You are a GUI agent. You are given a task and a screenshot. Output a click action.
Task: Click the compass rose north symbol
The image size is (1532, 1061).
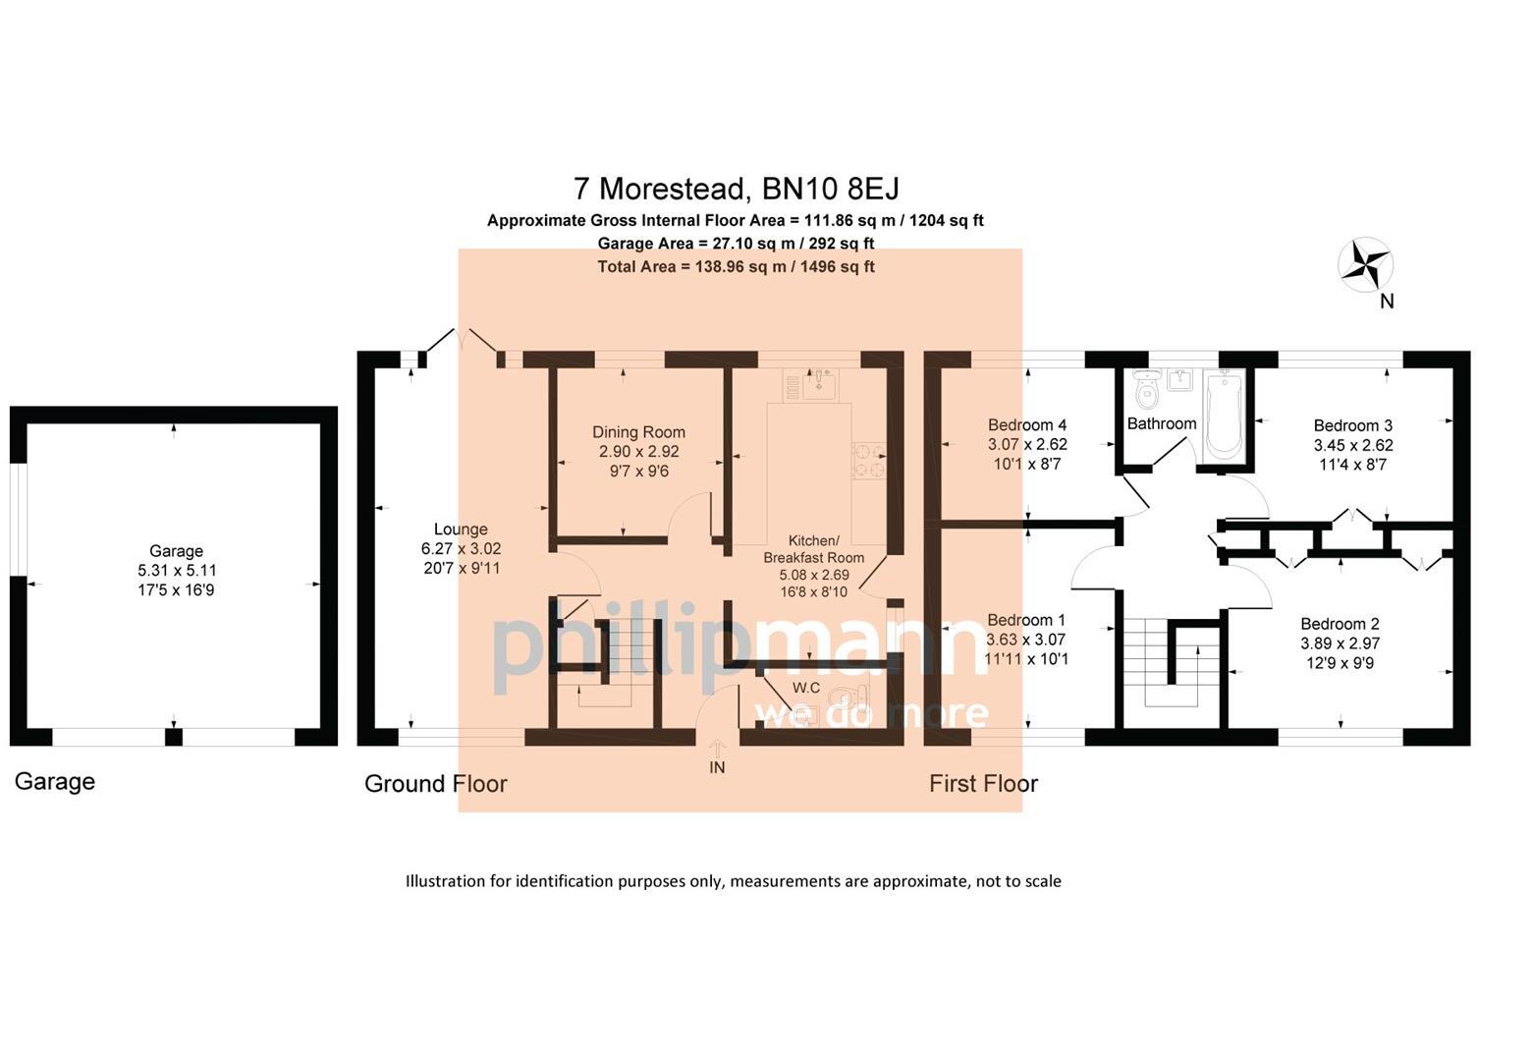(1365, 265)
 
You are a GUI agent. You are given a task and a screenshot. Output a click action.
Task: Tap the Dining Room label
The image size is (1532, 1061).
(638, 432)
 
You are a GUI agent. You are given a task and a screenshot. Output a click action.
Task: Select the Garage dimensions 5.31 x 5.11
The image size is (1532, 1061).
(177, 571)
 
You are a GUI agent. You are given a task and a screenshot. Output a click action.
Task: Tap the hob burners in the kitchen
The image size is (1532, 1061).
(868, 462)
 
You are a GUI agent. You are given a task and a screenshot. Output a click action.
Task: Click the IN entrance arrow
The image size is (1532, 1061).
(717, 752)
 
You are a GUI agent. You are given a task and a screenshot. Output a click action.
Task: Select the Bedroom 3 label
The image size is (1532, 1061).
(1352, 425)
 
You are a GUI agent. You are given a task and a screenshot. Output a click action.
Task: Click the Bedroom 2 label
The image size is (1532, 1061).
(1340, 624)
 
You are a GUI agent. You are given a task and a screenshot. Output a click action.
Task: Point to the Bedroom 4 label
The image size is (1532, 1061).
(1026, 425)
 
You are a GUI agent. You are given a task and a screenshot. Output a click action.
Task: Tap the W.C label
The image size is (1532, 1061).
(805, 688)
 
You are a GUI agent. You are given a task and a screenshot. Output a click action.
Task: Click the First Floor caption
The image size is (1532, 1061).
(983, 783)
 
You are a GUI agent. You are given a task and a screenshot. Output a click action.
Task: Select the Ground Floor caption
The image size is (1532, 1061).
(435, 783)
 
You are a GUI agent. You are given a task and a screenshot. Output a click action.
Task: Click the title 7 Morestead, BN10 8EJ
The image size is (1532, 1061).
(736, 188)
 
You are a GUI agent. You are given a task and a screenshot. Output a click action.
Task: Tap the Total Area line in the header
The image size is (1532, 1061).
(736, 266)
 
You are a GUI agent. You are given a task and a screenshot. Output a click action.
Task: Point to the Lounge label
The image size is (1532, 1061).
(461, 530)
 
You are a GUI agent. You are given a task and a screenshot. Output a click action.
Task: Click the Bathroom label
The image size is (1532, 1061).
(1161, 423)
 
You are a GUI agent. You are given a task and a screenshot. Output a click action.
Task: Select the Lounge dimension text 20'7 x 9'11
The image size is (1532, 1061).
(461, 568)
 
